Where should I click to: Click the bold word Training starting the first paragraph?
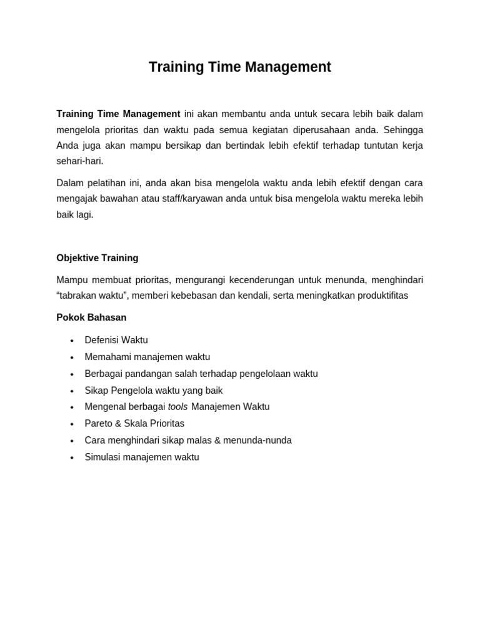point(75,114)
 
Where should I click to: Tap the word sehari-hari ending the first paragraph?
point(79,161)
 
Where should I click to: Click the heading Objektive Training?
point(97,258)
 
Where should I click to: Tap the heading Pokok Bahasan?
point(91,317)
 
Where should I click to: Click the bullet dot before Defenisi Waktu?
point(72,341)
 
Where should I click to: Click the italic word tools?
point(177,407)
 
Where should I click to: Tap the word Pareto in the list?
point(97,424)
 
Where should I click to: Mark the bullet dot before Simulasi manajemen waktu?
point(72,457)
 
